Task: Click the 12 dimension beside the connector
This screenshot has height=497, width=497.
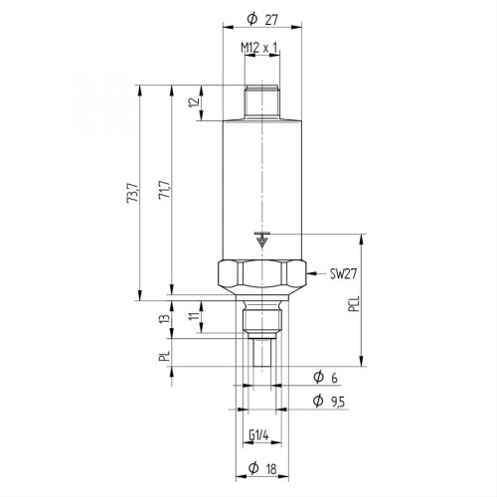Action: click(x=195, y=100)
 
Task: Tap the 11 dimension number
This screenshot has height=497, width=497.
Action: click(x=195, y=318)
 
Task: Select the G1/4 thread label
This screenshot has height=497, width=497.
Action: click(x=260, y=434)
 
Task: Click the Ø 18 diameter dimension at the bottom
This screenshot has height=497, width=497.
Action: click(x=260, y=467)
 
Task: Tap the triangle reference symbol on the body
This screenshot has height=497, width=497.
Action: click(x=261, y=239)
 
